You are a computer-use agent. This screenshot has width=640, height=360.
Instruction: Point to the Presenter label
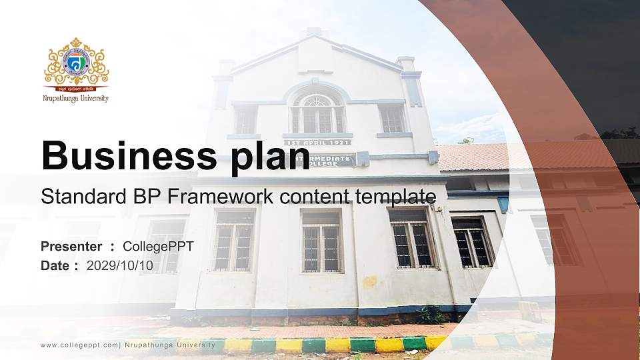(71, 247)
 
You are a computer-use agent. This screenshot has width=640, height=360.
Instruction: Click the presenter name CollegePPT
(158, 247)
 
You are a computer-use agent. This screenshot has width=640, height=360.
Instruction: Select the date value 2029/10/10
(120, 265)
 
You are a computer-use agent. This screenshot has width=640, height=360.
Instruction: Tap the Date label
(55, 265)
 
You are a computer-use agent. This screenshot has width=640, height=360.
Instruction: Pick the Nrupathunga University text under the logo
(75, 99)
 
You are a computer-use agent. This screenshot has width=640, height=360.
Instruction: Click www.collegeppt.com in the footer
(79, 345)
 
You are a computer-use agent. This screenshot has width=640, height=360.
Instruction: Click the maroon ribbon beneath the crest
(75, 88)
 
